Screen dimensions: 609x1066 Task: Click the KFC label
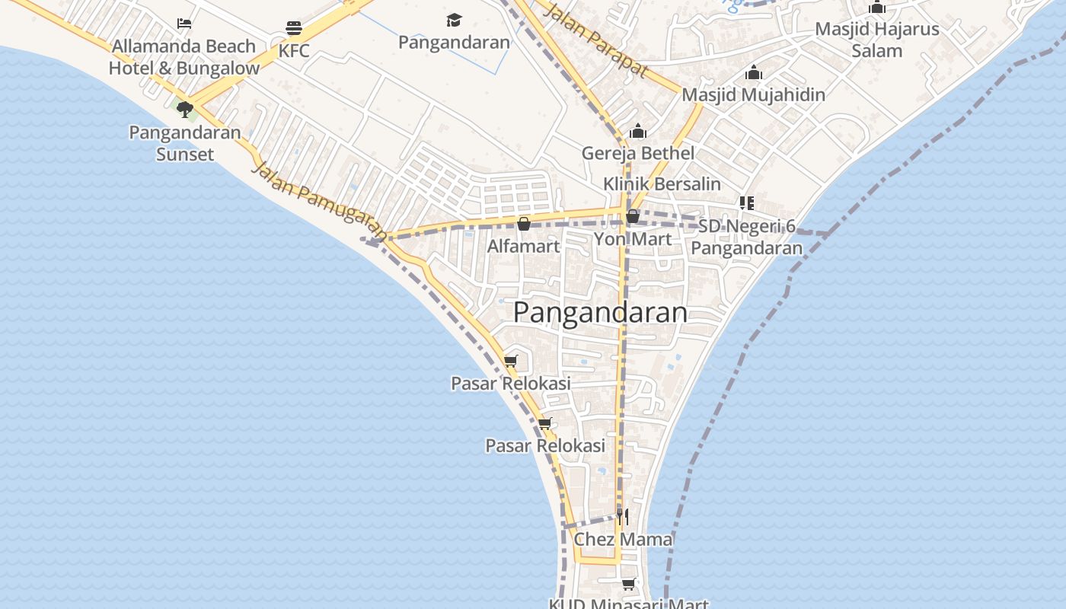point(294,51)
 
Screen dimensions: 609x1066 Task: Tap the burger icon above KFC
point(294,29)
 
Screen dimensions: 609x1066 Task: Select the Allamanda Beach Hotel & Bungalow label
point(184,57)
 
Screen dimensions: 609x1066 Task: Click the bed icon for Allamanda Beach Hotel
point(184,24)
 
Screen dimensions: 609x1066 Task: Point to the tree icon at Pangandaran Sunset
point(184,110)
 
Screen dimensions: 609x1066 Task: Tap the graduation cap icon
point(454,21)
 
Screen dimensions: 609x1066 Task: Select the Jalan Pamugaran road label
point(318,199)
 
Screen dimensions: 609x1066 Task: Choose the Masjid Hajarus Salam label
point(876,40)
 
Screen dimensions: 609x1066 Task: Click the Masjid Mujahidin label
point(753,95)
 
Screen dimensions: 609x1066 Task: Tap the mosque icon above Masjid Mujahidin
point(754,73)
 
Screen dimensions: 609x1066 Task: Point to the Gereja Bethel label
point(638,153)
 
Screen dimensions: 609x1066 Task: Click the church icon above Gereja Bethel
point(638,132)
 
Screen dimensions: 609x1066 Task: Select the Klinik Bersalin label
point(662,183)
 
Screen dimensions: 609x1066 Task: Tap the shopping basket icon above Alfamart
point(523,224)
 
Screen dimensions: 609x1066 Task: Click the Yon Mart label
point(632,239)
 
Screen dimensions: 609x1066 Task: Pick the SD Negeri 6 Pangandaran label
point(746,237)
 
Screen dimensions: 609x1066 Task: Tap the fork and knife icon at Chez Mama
point(623,518)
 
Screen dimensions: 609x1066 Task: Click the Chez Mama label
point(623,540)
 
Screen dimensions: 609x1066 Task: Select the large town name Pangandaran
point(600,312)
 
